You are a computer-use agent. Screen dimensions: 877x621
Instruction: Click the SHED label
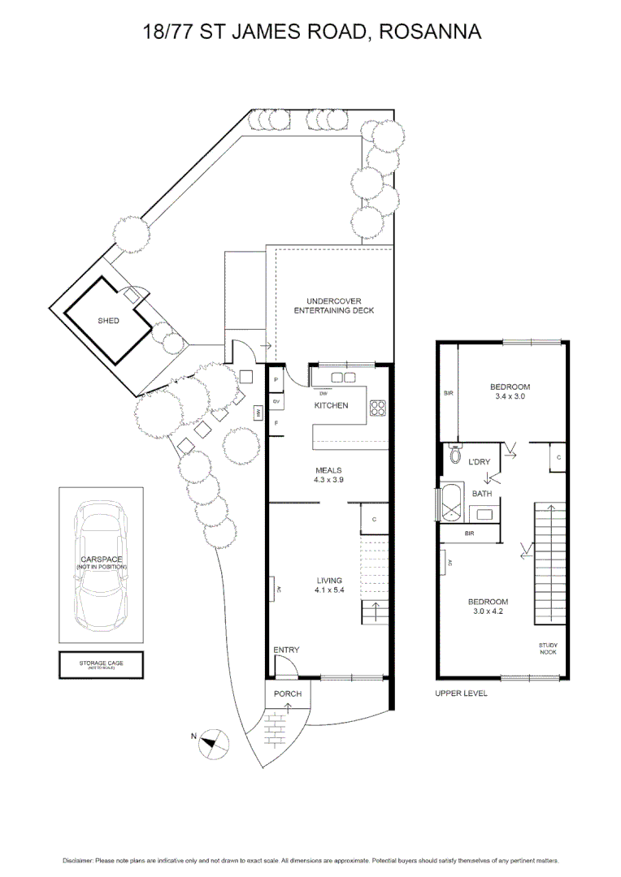(108, 321)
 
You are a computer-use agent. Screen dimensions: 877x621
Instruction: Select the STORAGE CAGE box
(101, 665)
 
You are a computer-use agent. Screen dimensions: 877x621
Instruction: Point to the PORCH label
(287, 693)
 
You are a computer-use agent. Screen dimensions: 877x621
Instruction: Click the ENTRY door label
(286, 650)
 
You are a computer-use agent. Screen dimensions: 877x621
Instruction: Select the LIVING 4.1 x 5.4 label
(328, 585)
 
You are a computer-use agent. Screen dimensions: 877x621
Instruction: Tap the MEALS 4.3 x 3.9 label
(328, 475)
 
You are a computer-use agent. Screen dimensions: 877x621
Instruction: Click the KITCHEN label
(331, 405)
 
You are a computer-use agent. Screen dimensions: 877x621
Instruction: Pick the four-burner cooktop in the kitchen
(378, 408)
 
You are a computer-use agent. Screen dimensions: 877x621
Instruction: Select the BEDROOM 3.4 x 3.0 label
(511, 391)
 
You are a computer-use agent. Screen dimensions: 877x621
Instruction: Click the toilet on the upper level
(454, 455)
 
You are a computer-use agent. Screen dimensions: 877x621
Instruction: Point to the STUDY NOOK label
(548, 648)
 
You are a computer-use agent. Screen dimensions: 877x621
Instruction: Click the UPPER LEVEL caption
(461, 693)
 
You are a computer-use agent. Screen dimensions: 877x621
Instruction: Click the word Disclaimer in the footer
(78, 860)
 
